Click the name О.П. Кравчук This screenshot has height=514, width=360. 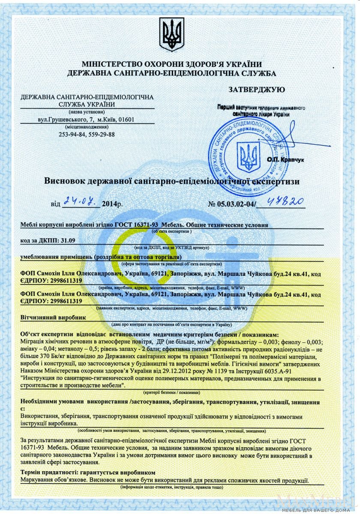click(285, 159)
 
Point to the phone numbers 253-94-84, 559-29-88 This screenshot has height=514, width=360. click(87, 134)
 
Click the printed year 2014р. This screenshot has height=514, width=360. click(112, 204)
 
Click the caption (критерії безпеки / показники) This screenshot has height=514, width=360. click(171, 392)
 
